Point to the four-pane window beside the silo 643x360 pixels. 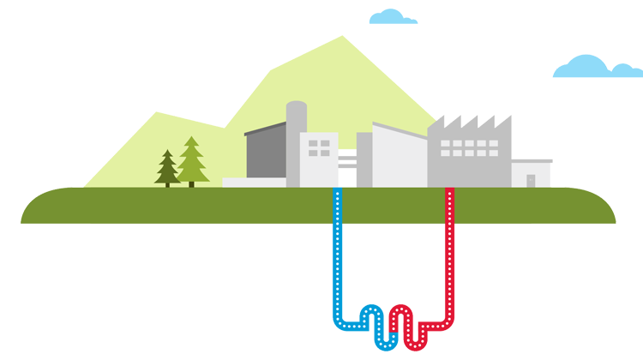[x=319, y=147]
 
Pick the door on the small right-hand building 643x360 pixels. [x=531, y=180]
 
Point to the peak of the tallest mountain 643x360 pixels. [x=343, y=38]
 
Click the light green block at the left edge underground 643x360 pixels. [x=55, y=287]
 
